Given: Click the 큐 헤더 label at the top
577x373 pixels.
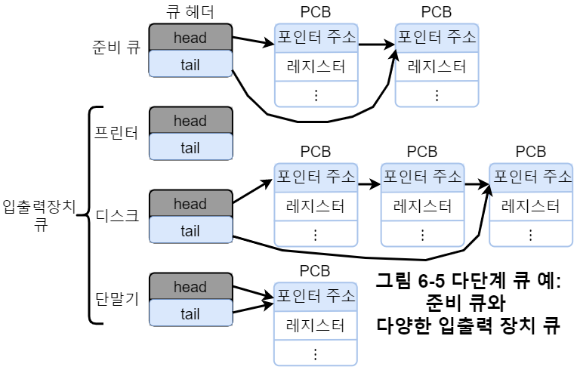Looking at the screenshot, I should click(190, 13).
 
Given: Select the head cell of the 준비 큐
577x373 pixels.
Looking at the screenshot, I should click(190, 37).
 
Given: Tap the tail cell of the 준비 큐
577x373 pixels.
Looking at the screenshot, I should click(190, 64).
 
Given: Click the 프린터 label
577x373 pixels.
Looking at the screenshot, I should click(116, 134).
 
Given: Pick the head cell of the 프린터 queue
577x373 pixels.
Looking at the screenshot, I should click(190, 121).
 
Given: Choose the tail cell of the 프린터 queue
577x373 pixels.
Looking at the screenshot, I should click(190, 148).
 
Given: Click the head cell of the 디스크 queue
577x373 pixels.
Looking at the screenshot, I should click(190, 204).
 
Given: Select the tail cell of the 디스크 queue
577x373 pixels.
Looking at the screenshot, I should click(190, 231).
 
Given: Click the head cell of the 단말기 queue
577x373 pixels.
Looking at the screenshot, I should click(190, 287).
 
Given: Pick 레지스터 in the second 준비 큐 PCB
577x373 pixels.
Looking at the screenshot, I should click(437, 66).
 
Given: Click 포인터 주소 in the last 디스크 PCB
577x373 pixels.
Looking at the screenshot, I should click(532, 177).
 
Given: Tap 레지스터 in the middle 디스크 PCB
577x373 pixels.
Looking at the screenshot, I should click(422, 205).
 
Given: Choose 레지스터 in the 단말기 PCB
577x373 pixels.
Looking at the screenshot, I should click(316, 325).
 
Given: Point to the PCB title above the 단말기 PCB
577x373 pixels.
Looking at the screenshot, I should click(316, 270).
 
